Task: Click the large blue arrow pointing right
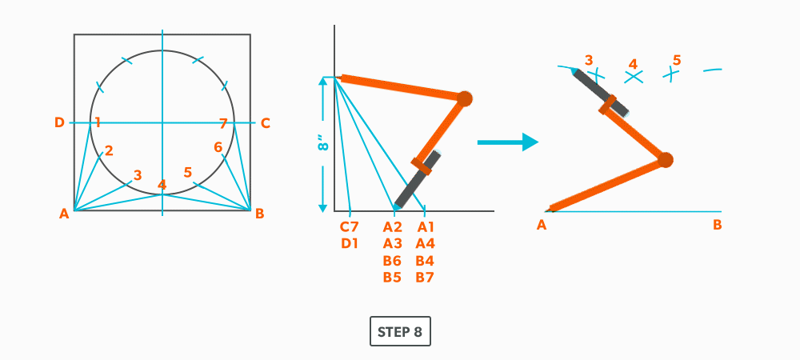506,142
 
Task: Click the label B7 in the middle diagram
425,277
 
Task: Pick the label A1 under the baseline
425,226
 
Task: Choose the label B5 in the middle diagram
392,277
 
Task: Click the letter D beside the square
59,122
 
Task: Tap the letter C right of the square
266,122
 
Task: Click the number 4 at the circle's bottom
162,185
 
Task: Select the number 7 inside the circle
223,122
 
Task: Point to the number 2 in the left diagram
109,150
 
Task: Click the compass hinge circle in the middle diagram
464,98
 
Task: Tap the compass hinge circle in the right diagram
665,160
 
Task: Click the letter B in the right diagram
718,225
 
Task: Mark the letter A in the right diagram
542,225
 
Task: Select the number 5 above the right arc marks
677,60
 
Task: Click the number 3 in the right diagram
589,60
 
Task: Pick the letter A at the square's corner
64,214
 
